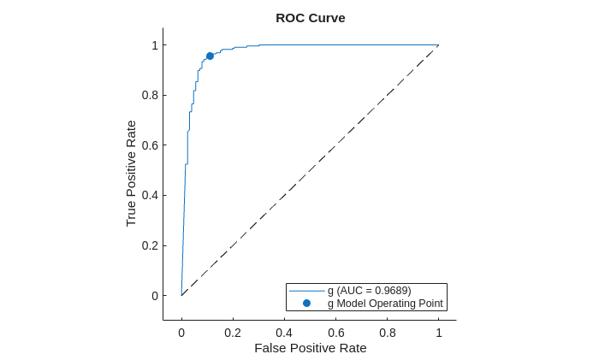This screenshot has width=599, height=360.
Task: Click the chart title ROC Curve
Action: [x=310, y=18]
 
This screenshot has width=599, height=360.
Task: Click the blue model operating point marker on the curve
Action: [x=210, y=56]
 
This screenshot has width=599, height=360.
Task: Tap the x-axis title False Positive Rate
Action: [x=310, y=348]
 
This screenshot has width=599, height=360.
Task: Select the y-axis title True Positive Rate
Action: [x=131, y=173]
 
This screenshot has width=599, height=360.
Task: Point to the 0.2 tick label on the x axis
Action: [x=233, y=333]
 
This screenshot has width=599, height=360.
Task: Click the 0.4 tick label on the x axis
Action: [x=284, y=333]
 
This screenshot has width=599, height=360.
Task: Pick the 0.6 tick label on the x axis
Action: [x=335, y=333]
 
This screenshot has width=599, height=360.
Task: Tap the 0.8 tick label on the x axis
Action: [x=387, y=333]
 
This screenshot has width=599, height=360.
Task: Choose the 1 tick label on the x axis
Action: [x=438, y=333]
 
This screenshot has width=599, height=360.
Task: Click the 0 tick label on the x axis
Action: [x=181, y=333]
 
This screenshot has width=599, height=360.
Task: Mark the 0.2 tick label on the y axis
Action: [x=150, y=245]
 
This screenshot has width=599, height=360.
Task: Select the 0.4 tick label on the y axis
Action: [x=150, y=195]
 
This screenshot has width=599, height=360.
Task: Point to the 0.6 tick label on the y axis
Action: [x=150, y=145]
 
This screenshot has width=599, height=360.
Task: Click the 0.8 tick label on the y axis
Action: [x=150, y=95]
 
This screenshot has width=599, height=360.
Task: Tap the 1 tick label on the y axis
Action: [x=155, y=44]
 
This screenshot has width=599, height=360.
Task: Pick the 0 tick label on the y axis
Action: [x=155, y=296]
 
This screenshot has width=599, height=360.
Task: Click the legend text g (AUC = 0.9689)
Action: [x=369, y=291]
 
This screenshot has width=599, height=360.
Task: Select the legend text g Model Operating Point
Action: [x=384, y=304]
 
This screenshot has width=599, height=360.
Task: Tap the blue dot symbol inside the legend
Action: [x=306, y=304]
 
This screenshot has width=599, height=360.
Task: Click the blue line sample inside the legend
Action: [x=306, y=291]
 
